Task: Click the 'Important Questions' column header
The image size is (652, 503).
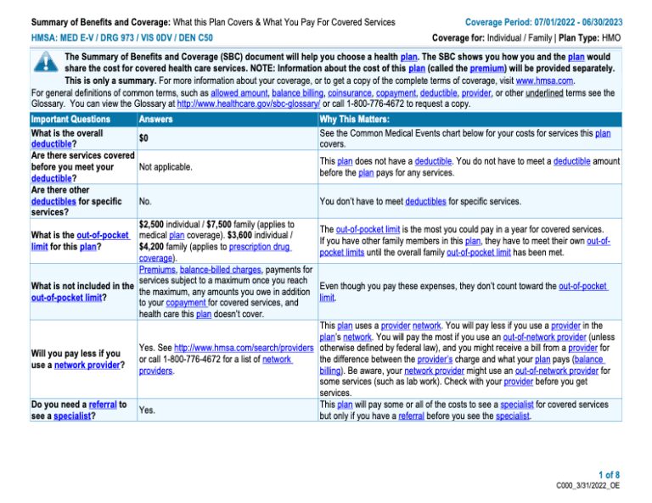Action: click(70, 120)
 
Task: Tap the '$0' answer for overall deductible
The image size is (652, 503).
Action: click(144, 137)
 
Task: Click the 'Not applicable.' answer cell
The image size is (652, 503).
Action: click(166, 167)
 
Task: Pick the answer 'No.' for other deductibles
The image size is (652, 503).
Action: click(145, 202)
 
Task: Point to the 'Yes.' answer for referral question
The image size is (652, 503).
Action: click(148, 410)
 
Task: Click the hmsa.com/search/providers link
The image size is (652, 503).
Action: click(243, 348)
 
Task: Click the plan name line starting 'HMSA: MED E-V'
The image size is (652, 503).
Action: click(122, 38)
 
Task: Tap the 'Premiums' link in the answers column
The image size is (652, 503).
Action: click(159, 269)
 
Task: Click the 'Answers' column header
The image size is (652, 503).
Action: click(155, 120)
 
